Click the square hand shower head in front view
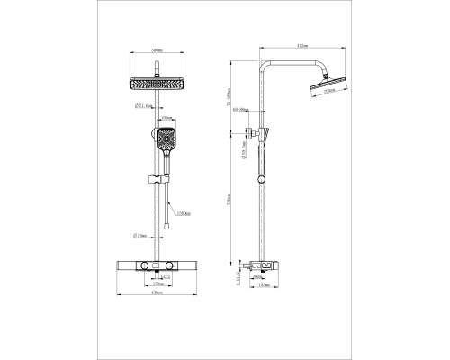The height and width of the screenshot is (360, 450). point(166,139)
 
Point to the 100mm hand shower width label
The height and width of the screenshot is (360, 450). point(166,118)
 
